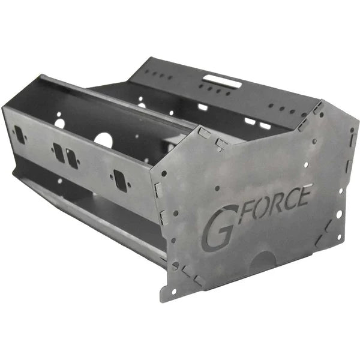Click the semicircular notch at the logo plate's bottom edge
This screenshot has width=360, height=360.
coord(263,260)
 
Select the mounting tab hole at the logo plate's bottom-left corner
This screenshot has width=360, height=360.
coord(173,292)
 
